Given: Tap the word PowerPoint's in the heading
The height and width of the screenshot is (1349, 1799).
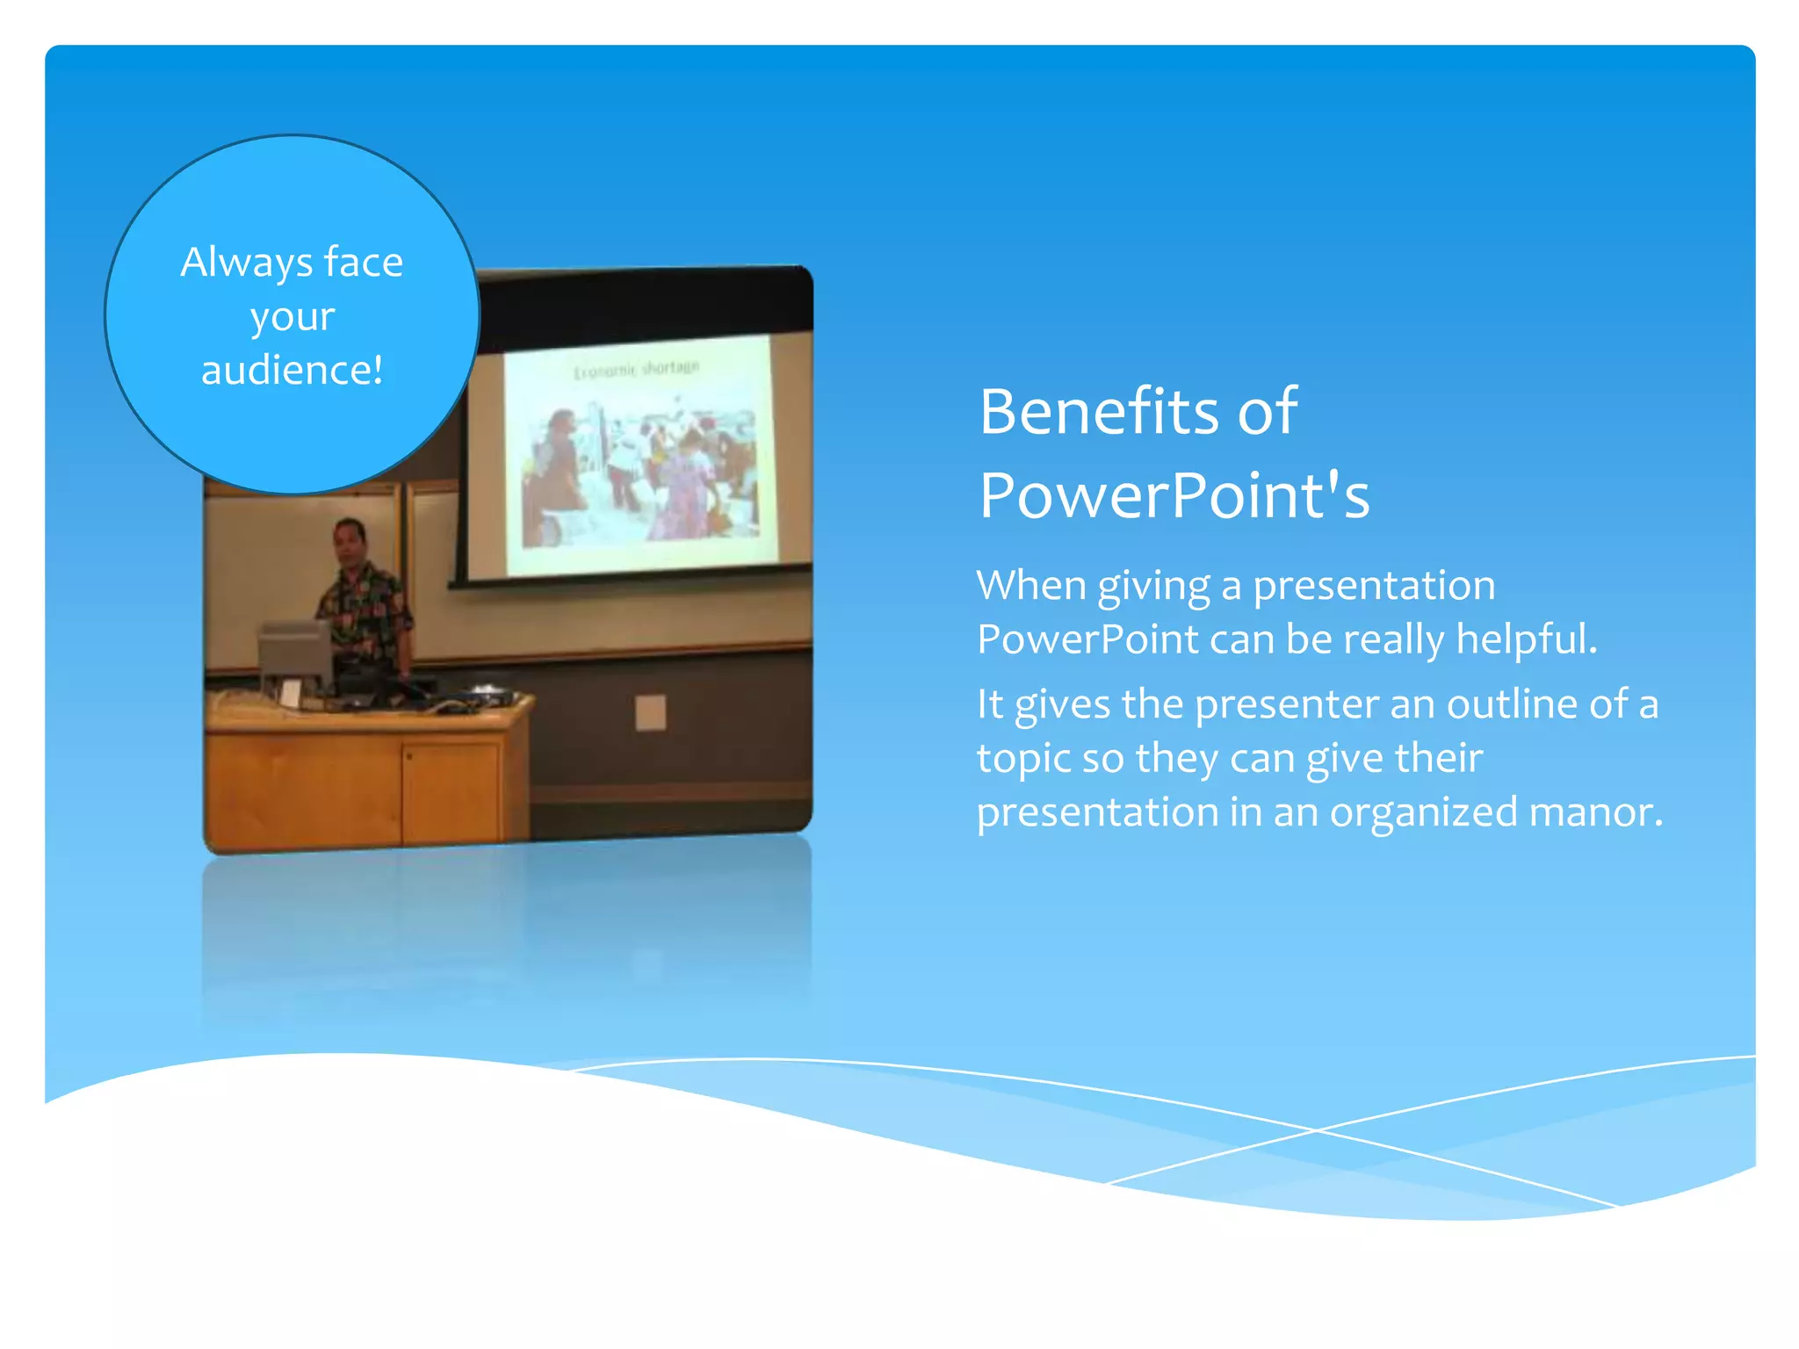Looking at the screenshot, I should pos(1174,495).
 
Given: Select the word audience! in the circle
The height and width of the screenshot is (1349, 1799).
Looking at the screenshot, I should pos(292,370).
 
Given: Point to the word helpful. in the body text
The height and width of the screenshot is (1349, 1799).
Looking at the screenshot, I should pos(1527,638).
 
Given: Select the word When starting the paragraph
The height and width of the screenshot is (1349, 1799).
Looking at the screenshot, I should pos(1030,585).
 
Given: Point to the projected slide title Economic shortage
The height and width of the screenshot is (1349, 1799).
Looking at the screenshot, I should pos(636,370).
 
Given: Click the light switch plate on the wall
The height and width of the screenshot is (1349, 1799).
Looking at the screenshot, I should pos(650,712).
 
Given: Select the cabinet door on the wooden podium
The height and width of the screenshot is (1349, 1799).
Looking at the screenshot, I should pos(452,790).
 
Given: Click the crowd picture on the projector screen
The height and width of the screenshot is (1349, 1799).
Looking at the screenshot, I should pos(639,474).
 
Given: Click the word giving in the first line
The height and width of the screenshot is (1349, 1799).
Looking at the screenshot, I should pos(1153,585).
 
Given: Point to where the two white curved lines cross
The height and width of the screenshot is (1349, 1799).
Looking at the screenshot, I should pos(1315,1130).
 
